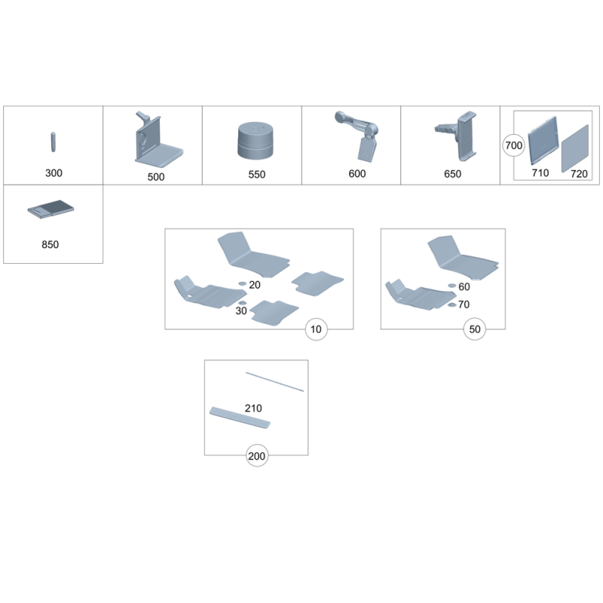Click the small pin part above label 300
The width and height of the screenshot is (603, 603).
(x=53, y=142)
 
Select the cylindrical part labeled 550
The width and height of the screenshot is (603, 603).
(x=256, y=140)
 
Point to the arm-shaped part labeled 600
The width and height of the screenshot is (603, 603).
(x=359, y=136)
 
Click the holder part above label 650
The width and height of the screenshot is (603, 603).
(x=460, y=136)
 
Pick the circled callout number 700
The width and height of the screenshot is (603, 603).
(x=514, y=145)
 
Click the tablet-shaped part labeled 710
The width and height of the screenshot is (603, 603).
(x=543, y=140)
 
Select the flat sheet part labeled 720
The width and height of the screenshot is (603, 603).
(x=575, y=148)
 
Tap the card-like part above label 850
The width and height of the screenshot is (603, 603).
(x=51, y=209)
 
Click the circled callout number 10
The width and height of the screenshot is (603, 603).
(x=316, y=329)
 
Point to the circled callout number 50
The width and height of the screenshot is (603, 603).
(x=475, y=329)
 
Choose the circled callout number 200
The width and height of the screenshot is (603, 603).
(x=257, y=456)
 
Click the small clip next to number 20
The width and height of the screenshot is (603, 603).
(x=242, y=284)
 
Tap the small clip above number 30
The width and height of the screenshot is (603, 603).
(x=241, y=303)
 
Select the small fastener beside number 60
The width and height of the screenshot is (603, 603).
(x=451, y=286)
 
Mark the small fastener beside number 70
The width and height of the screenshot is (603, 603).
(x=451, y=305)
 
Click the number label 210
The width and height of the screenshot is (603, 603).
(x=253, y=408)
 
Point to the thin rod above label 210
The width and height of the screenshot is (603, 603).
(x=274, y=381)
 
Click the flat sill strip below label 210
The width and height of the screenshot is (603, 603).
(x=240, y=418)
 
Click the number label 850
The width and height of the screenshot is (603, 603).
(x=50, y=244)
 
